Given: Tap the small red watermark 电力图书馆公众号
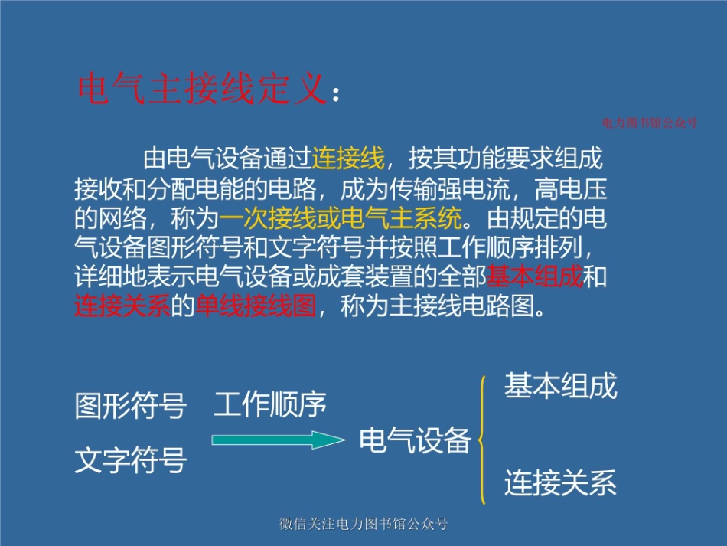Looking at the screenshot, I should coord(650,123).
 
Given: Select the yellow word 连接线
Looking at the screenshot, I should coord(348,160).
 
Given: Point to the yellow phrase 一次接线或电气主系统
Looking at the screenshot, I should coord(341,220).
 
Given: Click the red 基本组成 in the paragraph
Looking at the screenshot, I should coord(536,276).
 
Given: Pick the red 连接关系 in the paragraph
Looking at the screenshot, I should coord(122,306).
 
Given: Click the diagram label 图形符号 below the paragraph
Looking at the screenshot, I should coord(131,407).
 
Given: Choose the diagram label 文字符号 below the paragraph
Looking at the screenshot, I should coord(131,461).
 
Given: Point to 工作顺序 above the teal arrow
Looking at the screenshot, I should coord(270,404).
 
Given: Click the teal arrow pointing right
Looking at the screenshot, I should coord(278,440).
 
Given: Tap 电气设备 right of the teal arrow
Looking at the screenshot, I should coord(415,440).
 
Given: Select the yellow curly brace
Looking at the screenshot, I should coord(482,440).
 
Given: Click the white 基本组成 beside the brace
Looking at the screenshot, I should coord(560,387).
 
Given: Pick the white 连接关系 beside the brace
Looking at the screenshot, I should coord(560,484).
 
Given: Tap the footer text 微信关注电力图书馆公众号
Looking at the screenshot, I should coord(363,525).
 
